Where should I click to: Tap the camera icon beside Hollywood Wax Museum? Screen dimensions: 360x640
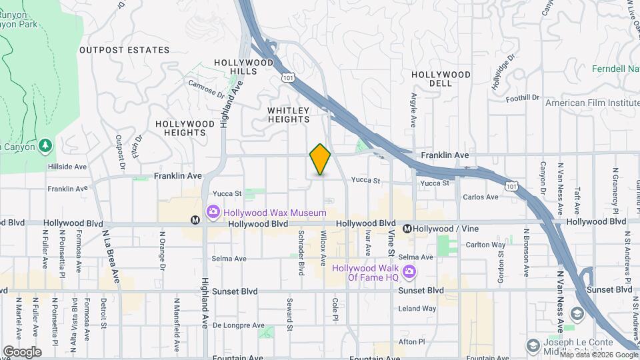[x=213, y=213]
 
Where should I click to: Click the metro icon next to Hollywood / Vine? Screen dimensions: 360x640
[x=406, y=229]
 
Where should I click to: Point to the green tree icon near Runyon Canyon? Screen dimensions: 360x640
[x=45, y=145]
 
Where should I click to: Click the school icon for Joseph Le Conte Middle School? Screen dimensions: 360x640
[x=533, y=345]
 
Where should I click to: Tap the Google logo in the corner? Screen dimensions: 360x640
[x=22, y=351]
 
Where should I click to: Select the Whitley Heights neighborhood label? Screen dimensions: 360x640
[x=289, y=115]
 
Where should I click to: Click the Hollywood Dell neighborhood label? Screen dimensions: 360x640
[x=441, y=79]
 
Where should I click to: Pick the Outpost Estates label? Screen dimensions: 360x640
[x=124, y=50]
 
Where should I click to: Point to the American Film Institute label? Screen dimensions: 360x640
[x=592, y=103]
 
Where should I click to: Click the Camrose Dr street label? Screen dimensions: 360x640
[x=207, y=89]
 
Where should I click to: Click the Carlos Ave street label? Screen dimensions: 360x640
[x=481, y=197]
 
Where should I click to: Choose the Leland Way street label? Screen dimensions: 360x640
[x=417, y=309]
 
